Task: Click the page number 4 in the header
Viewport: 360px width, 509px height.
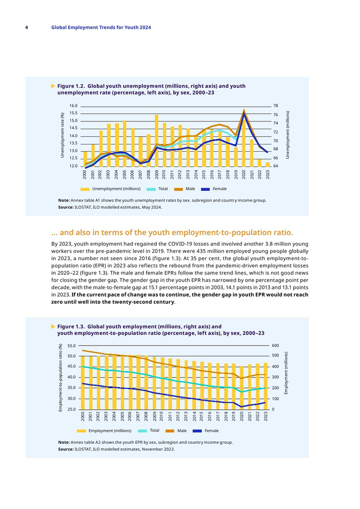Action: pyautogui.click(x=26, y=27)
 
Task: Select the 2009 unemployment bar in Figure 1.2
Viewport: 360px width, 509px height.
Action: pyautogui.click(x=156, y=140)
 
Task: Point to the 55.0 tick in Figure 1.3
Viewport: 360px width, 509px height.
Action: pyautogui.click(x=71, y=346)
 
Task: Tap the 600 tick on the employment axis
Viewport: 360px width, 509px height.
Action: pyautogui.click(x=276, y=346)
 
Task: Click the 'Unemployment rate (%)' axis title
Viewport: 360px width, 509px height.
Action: pyautogui.click(x=62, y=135)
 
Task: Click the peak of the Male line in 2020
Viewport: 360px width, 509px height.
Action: pyautogui.click(x=244, y=110)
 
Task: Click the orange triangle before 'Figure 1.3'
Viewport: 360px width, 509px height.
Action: pyautogui.click(x=52, y=326)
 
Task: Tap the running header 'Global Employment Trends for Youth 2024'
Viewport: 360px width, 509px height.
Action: pyautogui.click(x=101, y=27)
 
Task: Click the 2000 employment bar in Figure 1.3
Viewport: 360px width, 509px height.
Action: pyautogui.click(x=84, y=383)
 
